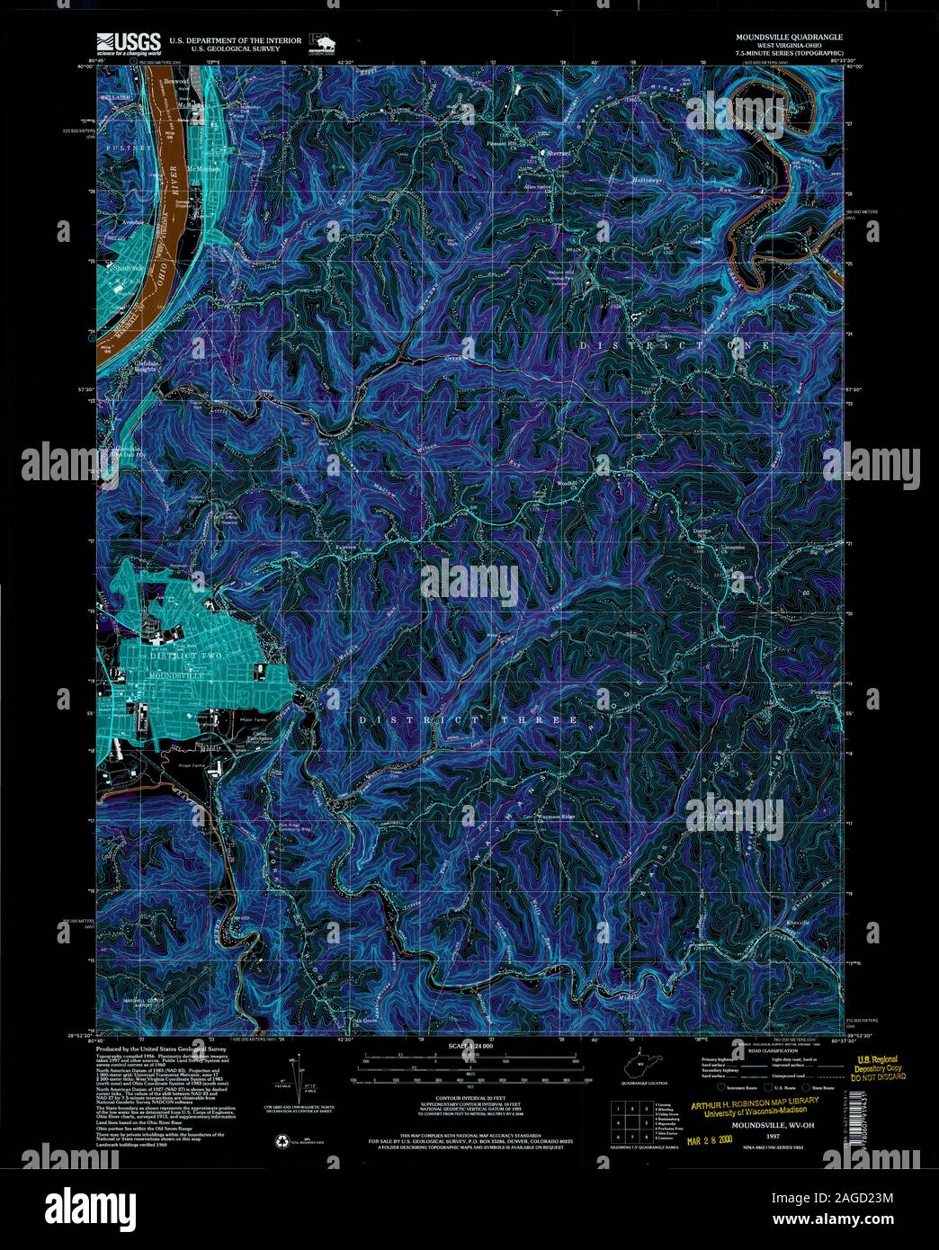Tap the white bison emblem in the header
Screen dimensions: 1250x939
coord(318,42)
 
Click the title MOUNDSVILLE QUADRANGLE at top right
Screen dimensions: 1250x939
coord(789,37)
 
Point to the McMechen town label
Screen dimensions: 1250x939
coord(201,169)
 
